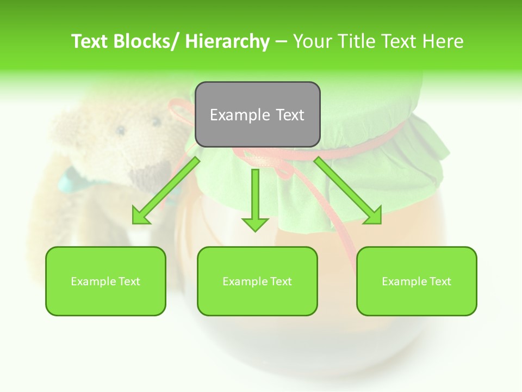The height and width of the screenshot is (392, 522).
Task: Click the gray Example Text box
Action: point(257,114)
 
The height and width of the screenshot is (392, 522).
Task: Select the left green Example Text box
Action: point(105,281)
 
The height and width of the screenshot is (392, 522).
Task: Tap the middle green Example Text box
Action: point(257,281)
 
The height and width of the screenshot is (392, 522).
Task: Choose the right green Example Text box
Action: point(417,281)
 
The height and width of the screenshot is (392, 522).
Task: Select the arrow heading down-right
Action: point(348,191)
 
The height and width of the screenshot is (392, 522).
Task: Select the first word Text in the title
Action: point(91,41)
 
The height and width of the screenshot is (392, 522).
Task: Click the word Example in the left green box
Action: point(94,281)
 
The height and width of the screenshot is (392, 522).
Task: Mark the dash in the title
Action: point(281,42)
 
